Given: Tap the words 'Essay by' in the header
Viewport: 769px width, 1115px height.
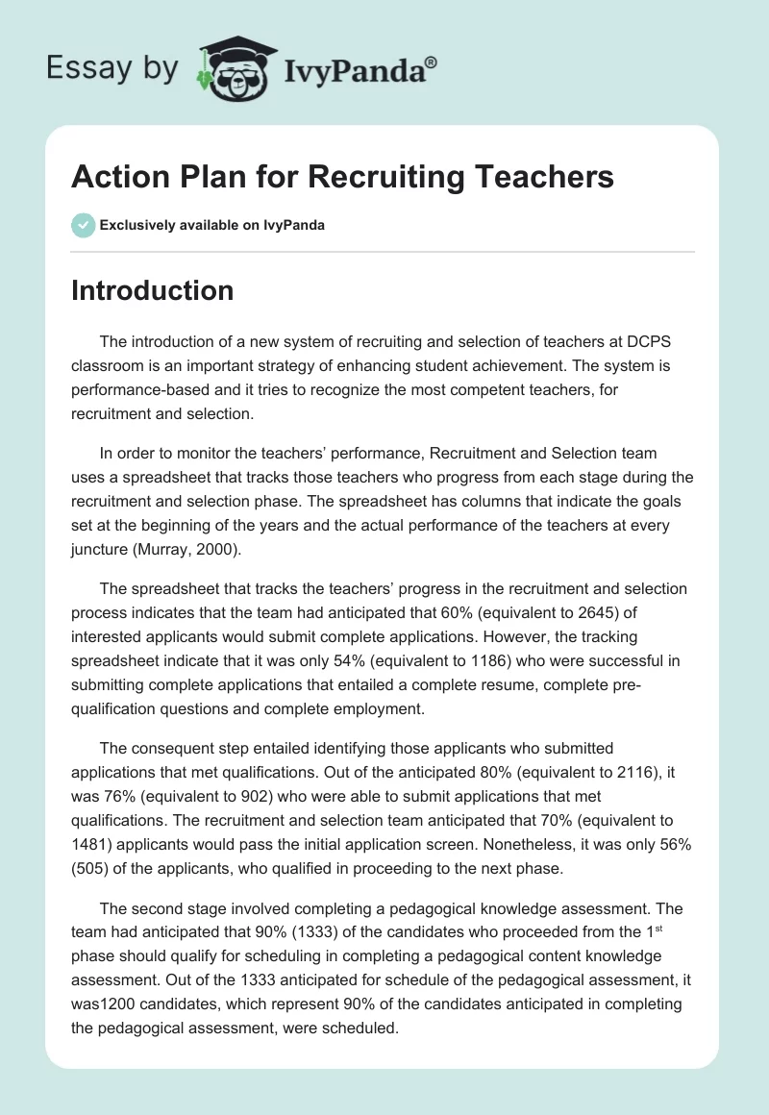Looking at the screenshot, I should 112,68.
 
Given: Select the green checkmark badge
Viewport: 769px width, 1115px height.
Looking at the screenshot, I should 83,225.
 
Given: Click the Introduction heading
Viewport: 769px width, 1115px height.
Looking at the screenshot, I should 152,290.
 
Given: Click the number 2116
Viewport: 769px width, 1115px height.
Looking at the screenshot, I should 617,771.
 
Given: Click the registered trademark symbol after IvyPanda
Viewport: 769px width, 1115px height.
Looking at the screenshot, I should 432,61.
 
